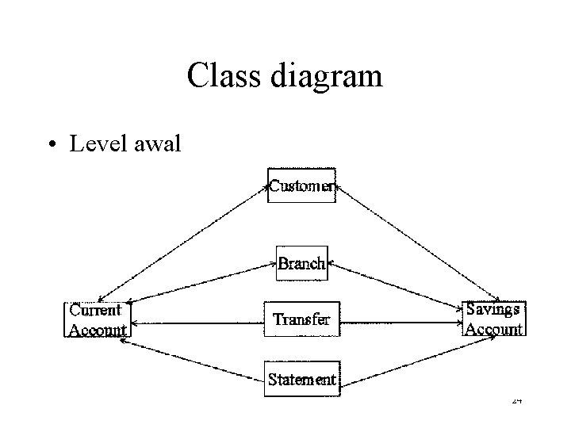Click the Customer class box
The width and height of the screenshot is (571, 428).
[301, 185]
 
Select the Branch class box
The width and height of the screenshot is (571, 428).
[301, 263]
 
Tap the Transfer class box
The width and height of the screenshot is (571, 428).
[301, 319]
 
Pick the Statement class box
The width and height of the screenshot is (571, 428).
[301, 378]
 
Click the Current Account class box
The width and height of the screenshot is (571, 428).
[97, 319]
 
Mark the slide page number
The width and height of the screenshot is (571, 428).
[516, 401]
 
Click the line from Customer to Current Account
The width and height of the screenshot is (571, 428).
[188, 243]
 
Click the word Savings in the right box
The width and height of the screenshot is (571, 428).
[492, 309]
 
